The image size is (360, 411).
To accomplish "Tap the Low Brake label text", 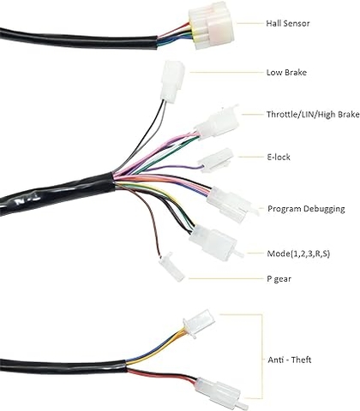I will [x=287, y=74].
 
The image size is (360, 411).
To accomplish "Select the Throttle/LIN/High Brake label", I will [x=313, y=114].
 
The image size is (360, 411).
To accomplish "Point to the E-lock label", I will [x=279, y=158].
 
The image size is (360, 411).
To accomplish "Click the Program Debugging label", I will [x=307, y=209].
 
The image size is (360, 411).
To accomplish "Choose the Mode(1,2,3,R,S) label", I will [x=307, y=254].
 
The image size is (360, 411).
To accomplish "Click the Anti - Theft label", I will [x=290, y=360].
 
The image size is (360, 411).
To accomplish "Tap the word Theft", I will [x=301, y=360].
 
